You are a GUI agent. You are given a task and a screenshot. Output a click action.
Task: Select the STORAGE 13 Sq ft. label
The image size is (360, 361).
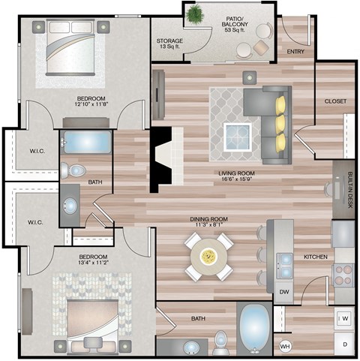[x=169, y=44]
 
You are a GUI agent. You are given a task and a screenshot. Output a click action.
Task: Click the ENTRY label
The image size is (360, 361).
[x=295, y=51]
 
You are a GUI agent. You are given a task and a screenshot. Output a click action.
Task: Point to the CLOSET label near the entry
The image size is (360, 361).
[x=334, y=101]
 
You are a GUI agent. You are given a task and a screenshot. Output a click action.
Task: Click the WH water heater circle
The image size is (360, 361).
[x=285, y=346]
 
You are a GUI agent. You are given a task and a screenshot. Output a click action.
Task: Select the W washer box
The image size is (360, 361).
[x=344, y=318]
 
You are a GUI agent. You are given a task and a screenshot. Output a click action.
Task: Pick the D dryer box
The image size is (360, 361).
[x=344, y=344]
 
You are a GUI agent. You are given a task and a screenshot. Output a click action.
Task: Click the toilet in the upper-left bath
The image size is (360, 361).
[x=73, y=170]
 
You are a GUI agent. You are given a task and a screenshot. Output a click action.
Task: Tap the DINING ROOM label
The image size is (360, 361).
[x=208, y=221]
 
